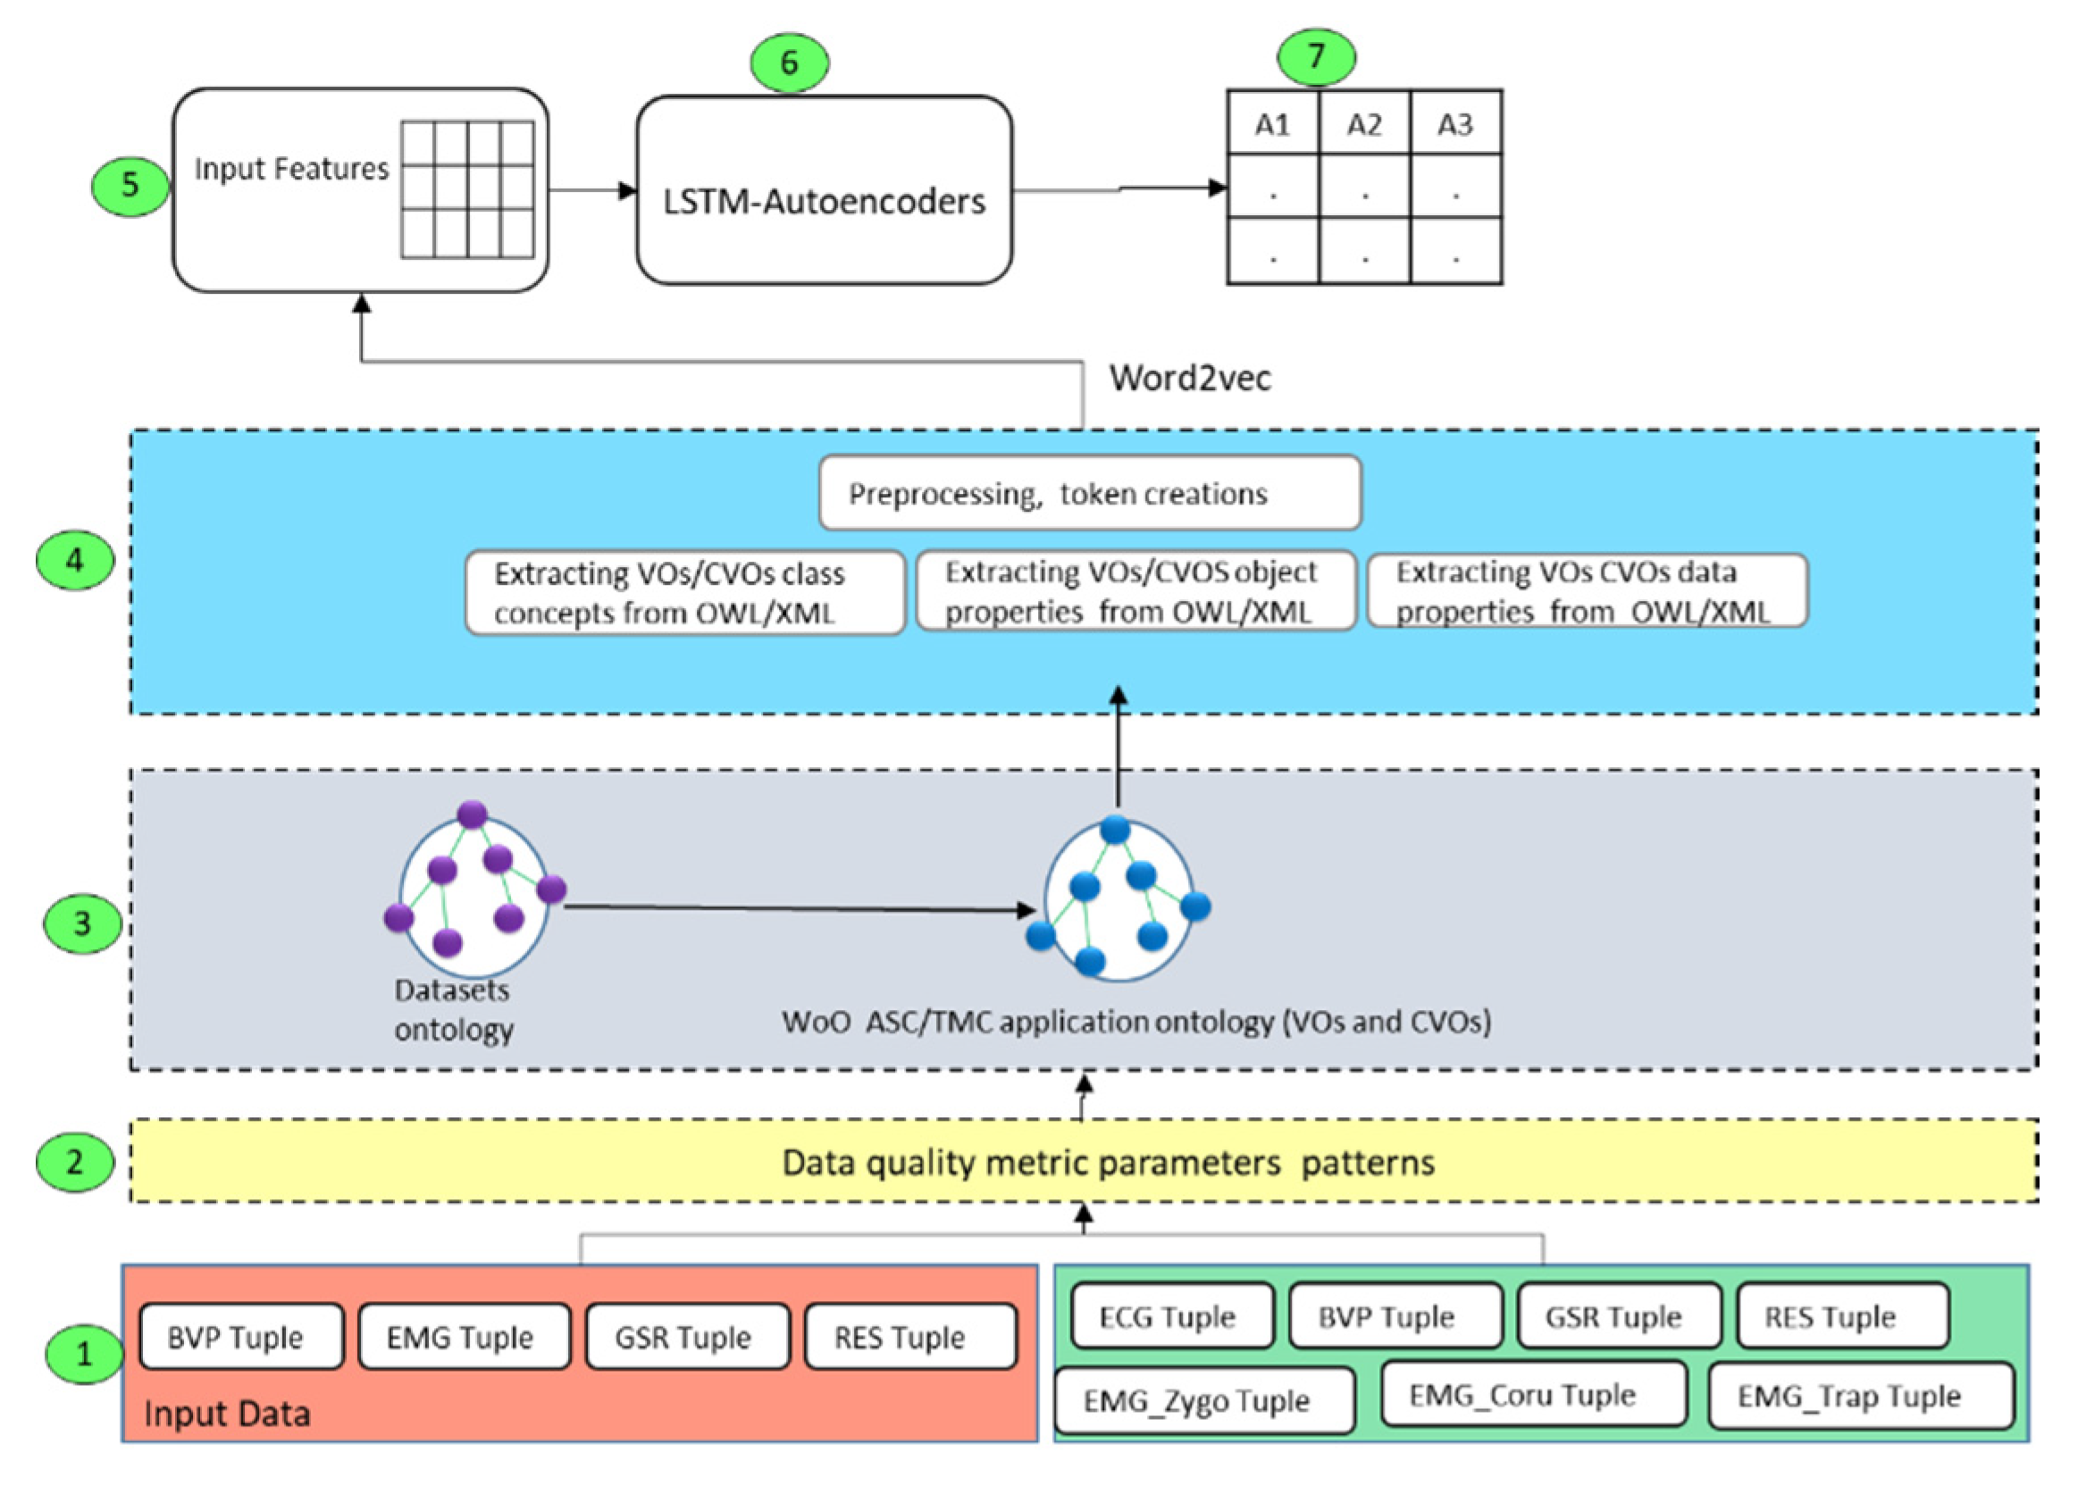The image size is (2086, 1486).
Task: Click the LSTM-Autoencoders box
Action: tap(824, 191)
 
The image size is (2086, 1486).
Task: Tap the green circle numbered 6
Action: tap(789, 63)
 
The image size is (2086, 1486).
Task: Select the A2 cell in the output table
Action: tap(1364, 123)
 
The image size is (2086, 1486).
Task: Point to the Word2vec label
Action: tap(1190, 378)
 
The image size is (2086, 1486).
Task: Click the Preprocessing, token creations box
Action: tap(1089, 493)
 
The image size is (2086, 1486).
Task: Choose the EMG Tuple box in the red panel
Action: tap(464, 1337)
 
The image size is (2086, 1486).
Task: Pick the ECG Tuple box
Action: tap(1171, 1315)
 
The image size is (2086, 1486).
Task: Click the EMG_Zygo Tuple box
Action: tap(1203, 1400)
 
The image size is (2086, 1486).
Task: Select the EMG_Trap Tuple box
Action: tap(1860, 1397)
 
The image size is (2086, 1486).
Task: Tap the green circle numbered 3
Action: tap(82, 923)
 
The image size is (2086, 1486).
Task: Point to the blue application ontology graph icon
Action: tap(1118, 897)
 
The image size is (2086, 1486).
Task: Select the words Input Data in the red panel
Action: tap(227, 1414)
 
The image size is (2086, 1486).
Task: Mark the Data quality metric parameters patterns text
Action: tap(1109, 1163)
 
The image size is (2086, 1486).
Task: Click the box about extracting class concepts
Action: tap(684, 592)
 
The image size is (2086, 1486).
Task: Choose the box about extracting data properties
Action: tap(1587, 591)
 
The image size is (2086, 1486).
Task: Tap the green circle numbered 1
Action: tap(84, 1352)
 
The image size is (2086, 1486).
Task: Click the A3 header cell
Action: tap(1455, 123)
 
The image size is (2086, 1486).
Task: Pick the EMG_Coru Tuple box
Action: tap(1533, 1395)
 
